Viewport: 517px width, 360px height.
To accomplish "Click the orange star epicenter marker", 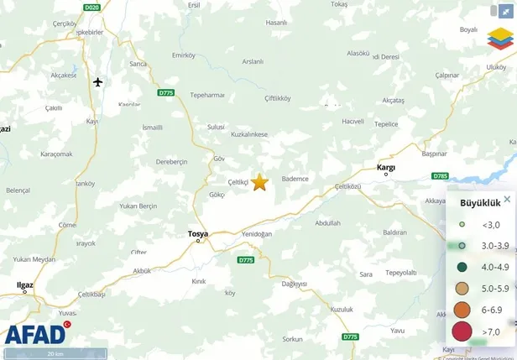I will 259,182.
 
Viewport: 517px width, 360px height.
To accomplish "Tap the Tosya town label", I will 198,233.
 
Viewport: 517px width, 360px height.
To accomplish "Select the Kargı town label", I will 386,167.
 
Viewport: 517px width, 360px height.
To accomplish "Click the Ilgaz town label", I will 25,284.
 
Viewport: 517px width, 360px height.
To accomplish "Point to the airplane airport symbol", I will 98,81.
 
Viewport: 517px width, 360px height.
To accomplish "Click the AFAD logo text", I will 35,334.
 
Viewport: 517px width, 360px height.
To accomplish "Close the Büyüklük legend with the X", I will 507,200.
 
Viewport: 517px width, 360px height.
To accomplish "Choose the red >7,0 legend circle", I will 462,331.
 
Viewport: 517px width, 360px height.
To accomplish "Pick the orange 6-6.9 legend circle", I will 462,310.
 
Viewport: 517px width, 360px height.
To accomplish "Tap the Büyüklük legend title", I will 480,202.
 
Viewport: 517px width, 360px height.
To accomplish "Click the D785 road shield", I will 440,175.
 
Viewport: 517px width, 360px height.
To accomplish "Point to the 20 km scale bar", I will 55,354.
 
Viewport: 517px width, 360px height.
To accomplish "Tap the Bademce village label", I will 295,179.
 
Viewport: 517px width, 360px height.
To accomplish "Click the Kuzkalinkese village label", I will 248,134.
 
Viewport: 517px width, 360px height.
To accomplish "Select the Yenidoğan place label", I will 257,234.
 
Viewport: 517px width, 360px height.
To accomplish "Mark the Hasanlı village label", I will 276,23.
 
